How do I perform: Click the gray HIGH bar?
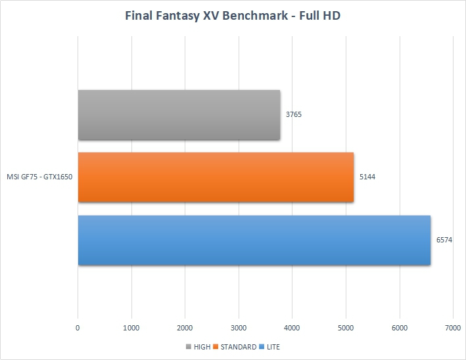coord(179,115)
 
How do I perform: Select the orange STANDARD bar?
coord(216,177)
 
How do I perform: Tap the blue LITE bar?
coord(254,240)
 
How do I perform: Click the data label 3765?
coord(294,115)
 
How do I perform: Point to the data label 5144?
coord(367,177)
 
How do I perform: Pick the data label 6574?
coord(444,240)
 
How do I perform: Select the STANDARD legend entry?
coord(238,347)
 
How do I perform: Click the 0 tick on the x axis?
coord(78,326)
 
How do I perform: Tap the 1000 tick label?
coord(131,326)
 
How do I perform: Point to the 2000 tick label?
coord(185,326)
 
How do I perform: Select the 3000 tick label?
coord(239,326)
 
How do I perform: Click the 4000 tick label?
coord(292,326)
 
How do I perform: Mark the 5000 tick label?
coord(346,326)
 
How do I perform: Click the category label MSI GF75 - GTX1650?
coord(39,177)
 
